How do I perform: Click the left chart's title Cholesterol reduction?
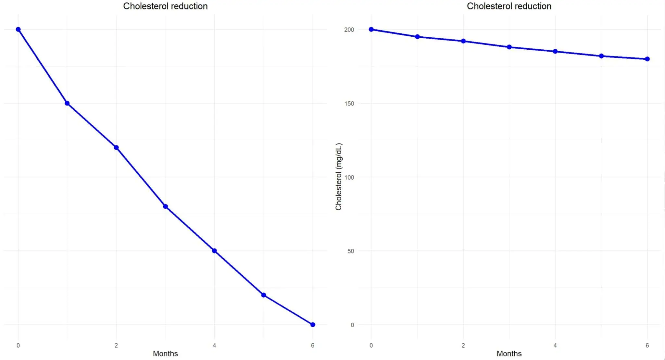[165, 6]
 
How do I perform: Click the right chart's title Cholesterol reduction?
[509, 6]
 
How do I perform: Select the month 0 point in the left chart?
[18, 30]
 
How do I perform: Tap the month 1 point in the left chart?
[67, 103]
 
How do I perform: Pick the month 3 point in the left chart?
[165, 206]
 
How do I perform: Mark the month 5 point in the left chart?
[264, 295]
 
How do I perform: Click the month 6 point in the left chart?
[313, 325]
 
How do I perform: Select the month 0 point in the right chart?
[371, 30]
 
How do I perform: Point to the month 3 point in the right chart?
[509, 47]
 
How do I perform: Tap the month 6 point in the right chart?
[647, 59]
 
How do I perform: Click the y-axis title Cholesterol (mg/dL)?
[339, 177]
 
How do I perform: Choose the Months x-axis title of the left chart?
[165, 354]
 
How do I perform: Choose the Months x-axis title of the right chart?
[509, 354]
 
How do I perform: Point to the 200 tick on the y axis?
[349, 30]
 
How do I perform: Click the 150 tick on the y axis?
[349, 104]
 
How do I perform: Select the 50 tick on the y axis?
[350, 251]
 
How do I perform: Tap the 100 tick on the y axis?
[349, 177]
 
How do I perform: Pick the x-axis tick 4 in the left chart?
[214, 345]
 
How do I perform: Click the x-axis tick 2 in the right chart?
[463, 345]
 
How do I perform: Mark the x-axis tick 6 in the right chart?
[647, 345]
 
